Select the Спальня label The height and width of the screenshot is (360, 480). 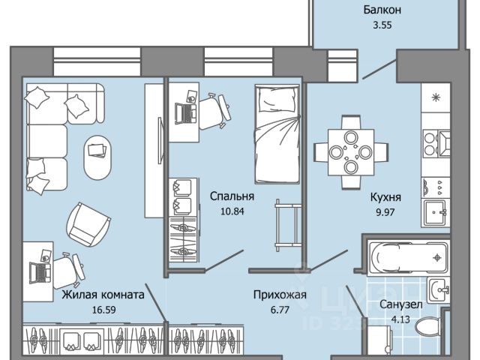coord(232,196)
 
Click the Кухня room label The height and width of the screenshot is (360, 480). coord(385,198)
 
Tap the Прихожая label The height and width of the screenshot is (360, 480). coord(280,295)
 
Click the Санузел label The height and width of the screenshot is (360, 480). coord(400,306)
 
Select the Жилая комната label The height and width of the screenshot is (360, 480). coord(103,295)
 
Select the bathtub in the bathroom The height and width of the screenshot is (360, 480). coord(405,256)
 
